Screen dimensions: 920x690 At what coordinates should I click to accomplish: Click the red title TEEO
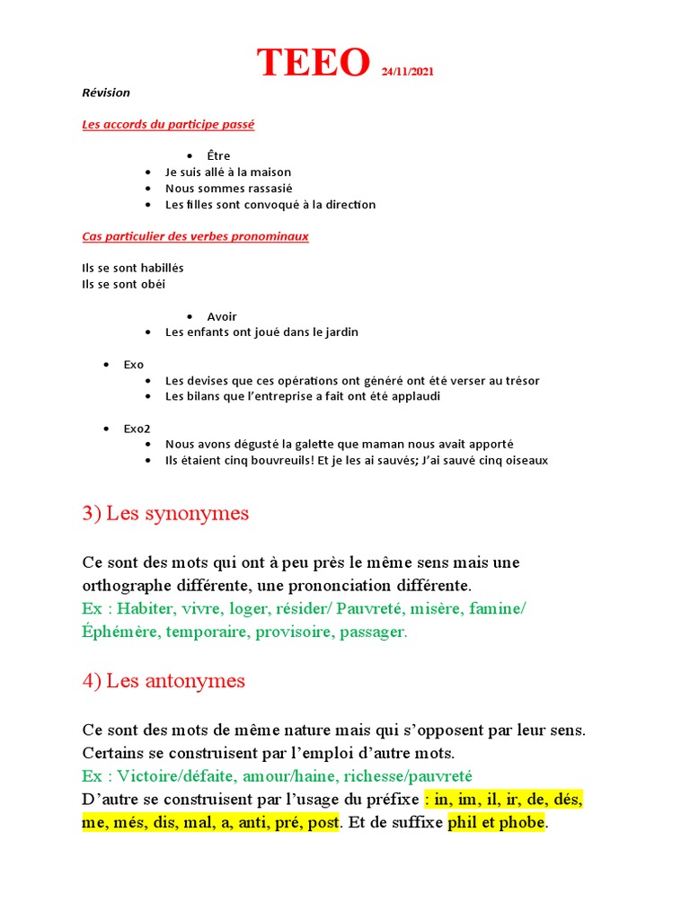tap(314, 63)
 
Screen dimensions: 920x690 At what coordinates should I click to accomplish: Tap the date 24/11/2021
tap(407, 72)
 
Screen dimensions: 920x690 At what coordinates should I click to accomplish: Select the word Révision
tap(106, 93)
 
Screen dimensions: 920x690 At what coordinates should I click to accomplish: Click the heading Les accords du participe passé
tap(168, 124)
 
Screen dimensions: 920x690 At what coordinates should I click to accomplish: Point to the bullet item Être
tap(218, 155)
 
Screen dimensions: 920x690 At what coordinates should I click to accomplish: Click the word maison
tap(270, 172)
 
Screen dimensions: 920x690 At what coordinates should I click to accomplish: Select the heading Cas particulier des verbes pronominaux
tap(195, 236)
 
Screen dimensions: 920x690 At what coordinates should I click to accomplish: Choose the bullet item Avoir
tap(222, 316)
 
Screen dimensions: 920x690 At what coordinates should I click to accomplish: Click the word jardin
tap(339, 332)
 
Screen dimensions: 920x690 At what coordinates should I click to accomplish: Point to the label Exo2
tap(137, 429)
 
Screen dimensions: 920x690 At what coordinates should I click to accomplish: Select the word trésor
tap(520, 380)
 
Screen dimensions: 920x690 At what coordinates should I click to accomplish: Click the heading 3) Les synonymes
tap(165, 514)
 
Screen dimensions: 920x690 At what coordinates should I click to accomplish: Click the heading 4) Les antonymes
tap(164, 680)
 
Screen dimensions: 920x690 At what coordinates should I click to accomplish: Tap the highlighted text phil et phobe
tap(496, 822)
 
